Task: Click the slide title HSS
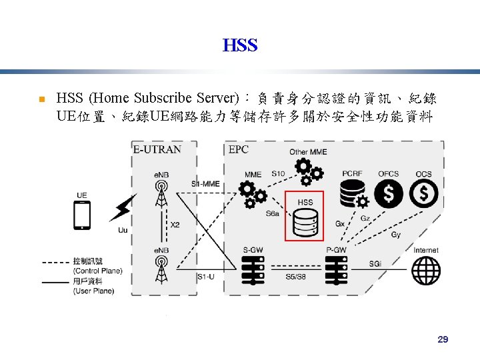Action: pos(240,46)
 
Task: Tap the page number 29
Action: pos(443,340)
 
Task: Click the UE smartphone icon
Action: pos(82,215)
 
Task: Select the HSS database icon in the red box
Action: pos(305,223)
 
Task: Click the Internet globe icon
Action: pos(425,270)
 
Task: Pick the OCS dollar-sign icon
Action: pos(423,194)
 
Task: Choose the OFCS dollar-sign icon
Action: pos(388,194)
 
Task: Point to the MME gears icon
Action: pos(253,194)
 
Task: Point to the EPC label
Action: pos(238,149)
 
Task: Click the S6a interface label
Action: pos(273,214)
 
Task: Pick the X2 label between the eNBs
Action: pos(175,225)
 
